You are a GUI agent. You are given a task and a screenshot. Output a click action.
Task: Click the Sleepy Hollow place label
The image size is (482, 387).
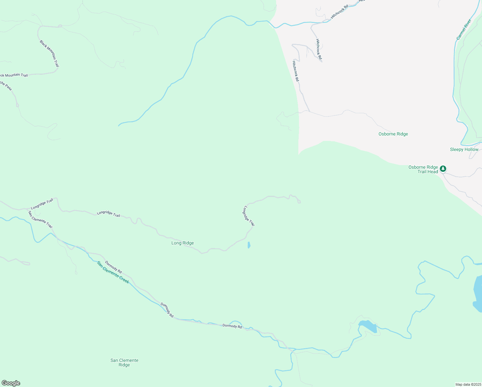[464, 150]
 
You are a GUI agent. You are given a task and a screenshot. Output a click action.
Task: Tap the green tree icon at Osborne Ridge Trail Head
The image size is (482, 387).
[443, 168]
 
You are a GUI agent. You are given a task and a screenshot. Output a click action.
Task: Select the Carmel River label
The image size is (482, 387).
[464, 30]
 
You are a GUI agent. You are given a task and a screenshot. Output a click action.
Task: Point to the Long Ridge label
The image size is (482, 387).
[182, 243]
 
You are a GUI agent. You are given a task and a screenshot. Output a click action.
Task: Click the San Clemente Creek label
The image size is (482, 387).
[113, 273]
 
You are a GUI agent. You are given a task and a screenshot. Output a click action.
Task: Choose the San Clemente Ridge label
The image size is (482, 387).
[124, 362]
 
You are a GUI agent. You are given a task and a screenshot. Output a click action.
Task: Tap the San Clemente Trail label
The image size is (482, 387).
[40, 220]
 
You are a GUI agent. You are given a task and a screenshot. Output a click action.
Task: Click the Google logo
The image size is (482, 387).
[11, 383]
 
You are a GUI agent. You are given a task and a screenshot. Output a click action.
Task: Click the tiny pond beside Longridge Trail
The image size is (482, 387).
[249, 245]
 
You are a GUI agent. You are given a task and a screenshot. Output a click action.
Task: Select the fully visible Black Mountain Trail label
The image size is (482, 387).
[50, 54]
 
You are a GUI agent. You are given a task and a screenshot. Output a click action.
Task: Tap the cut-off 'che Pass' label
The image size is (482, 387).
[6, 86]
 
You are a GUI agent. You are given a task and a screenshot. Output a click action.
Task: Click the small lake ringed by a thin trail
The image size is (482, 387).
[368, 326]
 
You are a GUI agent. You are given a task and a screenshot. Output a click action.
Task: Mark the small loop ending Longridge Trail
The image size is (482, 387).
[299, 202]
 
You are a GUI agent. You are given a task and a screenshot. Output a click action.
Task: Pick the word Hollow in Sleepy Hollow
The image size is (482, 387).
[471, 150]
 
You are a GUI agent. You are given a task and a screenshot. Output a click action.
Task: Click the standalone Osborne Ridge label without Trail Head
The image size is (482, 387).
[393, 134]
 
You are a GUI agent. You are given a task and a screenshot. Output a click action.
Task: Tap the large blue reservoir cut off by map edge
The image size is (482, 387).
[478, 293]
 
